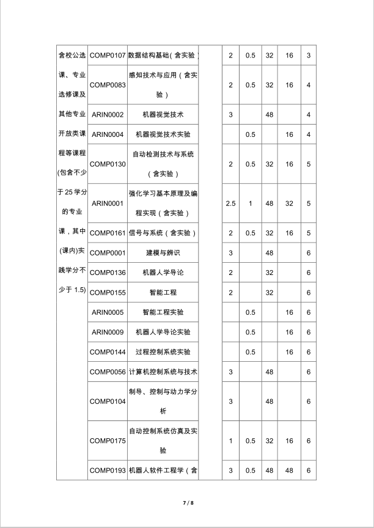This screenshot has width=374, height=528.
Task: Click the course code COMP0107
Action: (108, 56)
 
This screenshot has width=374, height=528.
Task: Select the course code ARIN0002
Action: (108, 114)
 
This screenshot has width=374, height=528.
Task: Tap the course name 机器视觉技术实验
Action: (163, 134)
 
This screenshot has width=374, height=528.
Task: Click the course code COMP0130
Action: (108, 164)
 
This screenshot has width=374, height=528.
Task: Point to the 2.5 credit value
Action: (230, 204)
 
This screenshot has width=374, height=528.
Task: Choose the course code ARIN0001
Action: (108, 204)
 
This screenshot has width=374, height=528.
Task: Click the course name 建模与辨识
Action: (163, 252)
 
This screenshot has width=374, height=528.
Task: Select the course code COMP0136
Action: (108, 273)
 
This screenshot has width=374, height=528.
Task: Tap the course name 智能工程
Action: (163, 292)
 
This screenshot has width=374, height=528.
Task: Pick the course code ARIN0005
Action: (108, 312)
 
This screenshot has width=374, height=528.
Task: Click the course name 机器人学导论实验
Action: (163, 332)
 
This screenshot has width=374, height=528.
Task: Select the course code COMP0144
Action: (108, 352)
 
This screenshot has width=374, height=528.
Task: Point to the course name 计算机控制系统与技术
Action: (163, 372)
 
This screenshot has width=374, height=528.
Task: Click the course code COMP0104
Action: (108, 401)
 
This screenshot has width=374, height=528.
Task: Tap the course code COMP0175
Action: (108, 441)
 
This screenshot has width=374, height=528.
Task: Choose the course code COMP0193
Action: (108, 470)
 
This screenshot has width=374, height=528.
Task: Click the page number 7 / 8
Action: (188, 503)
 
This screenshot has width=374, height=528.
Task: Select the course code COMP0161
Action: (108, 233)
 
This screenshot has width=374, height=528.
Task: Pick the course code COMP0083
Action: (108, 85)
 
